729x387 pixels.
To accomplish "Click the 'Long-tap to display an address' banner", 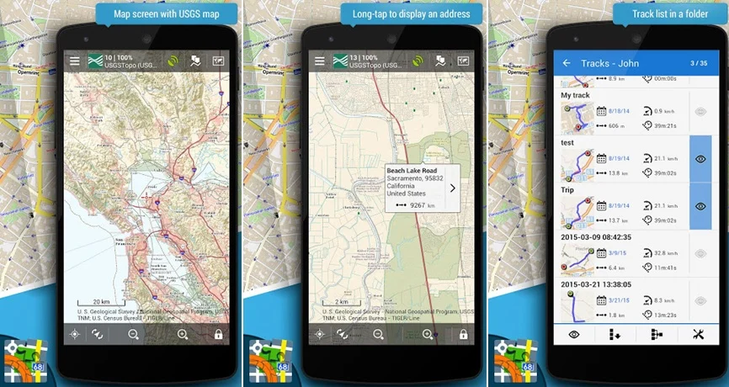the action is click(x=412, y=13).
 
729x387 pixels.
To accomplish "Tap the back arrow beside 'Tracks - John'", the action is click(x=567, y=63).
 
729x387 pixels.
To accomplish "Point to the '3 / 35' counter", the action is click(x=699, y=63).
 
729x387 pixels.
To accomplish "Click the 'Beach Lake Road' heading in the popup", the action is click(x=412, y=170).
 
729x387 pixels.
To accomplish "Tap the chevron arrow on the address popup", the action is click(x=452, y=188).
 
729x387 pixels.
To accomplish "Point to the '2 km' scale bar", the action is click(x=341, y=301).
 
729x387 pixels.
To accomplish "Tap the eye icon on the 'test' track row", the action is click(x=700, y=159).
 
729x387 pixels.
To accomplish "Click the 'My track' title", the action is click(x=576, y=95).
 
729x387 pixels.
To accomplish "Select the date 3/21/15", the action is click(x=620, y=300).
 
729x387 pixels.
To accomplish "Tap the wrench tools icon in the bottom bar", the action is click(x=698, y=334).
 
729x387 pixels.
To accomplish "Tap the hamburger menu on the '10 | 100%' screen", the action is click(x=75, y=61).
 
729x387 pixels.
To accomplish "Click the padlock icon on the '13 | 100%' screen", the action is click(x=463, y=334).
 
